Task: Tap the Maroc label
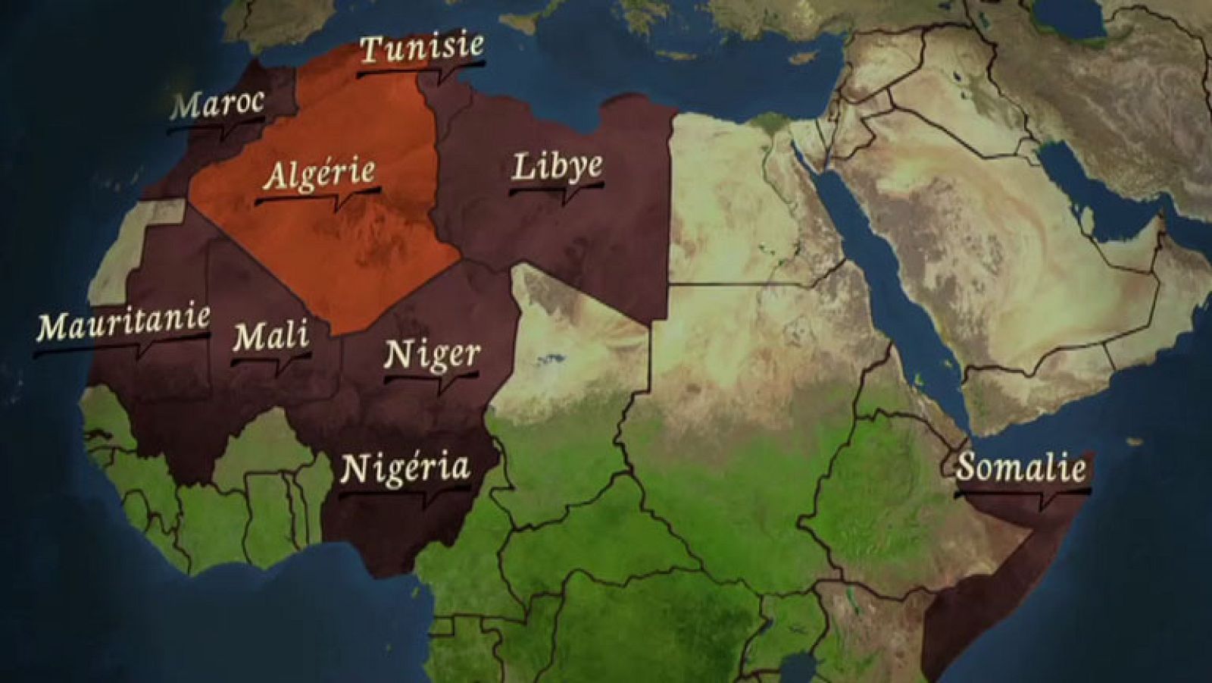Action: click(217, 104)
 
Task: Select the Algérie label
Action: click(319, 175)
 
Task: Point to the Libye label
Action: click(558, 167)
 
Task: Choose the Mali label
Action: click(270, 336)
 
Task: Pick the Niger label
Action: click(432, 354)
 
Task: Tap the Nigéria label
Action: click(405, 468)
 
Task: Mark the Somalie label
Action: click(1020, 468)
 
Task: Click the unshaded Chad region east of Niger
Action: click(576, 356)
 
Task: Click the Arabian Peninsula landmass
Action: click(1007, 288)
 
